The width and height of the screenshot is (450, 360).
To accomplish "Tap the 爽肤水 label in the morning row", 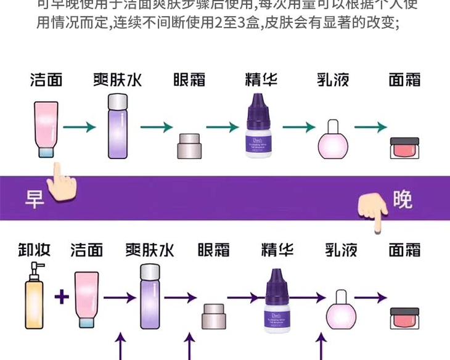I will point(117,81).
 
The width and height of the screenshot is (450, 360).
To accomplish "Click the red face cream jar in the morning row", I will point(404,149).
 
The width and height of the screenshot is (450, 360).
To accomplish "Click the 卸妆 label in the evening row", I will point(33,250).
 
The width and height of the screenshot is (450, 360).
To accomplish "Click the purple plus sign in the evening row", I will point(60,298).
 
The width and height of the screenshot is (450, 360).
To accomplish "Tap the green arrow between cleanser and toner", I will point(82,128).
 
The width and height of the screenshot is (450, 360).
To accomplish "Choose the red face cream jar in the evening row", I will point(404,317).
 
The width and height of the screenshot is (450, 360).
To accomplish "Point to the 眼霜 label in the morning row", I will point(189,81).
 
